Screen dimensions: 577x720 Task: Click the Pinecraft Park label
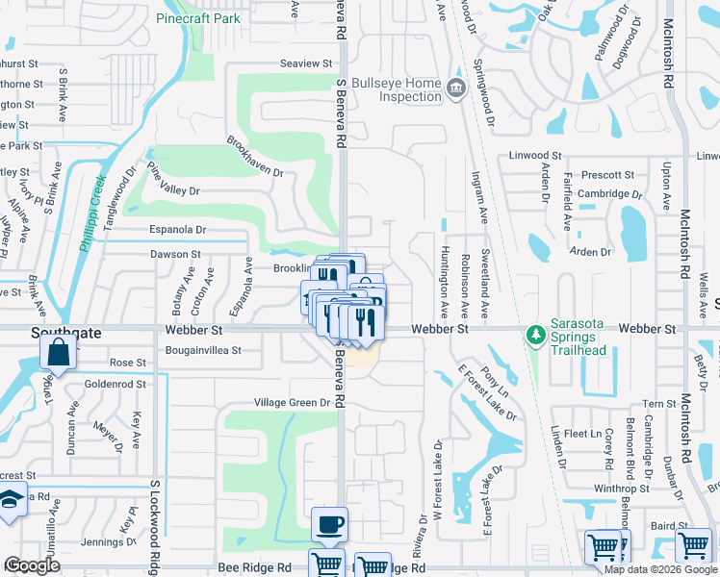click(x=199, y=18)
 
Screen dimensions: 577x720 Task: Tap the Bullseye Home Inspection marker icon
click(x=456, y=89)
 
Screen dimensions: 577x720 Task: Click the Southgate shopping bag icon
click(x=58, y=352)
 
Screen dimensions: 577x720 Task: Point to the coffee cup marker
click(x=330, y=524)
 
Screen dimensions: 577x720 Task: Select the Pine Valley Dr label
click(x=172, y=178)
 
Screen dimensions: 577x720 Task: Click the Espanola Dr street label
click(x=177, y=230)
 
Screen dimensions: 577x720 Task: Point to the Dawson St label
click(x=174, y=255)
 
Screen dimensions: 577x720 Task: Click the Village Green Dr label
click(x=293, y=403)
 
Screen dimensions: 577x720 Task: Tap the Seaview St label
click(x=305, y=63)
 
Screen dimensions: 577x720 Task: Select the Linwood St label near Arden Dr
click(x=536, y=156)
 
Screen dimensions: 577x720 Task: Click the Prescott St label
click(x=608, y=175)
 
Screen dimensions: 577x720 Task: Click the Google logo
click(x=32, y=565)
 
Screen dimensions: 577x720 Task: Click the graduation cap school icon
click(x=11, y=502)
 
